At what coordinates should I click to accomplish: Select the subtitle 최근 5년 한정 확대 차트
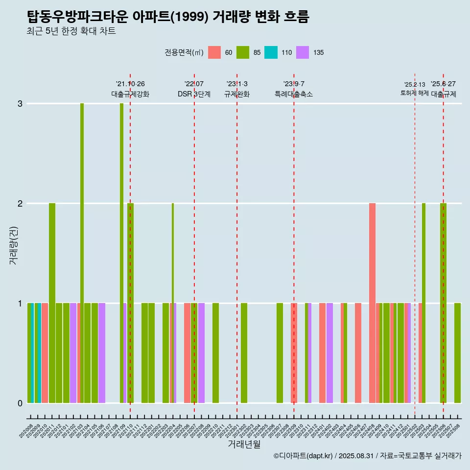[71, 32]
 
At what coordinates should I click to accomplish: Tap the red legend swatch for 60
[214, 52]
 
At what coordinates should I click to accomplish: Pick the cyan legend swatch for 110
[271, 52]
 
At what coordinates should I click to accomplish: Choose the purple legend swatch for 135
[303, 52]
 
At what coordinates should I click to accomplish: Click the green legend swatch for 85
[243, 52]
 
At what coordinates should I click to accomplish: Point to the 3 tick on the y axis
[20, 104]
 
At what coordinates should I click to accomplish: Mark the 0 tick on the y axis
[20, 403]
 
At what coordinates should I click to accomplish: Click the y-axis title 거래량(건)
[14, 245]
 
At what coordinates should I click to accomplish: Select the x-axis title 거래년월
[244, 444]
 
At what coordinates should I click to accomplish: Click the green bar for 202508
[457, 352]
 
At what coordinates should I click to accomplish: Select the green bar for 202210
[215, 352]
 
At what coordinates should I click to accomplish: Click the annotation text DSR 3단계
[194, 94]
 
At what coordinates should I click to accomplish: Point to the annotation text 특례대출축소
[294, 94]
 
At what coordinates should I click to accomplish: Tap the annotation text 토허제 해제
[414, 93]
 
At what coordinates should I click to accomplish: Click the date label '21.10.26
[130, 84]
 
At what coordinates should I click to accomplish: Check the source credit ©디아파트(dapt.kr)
[304, 456]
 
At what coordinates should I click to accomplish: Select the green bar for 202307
[280, 352]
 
